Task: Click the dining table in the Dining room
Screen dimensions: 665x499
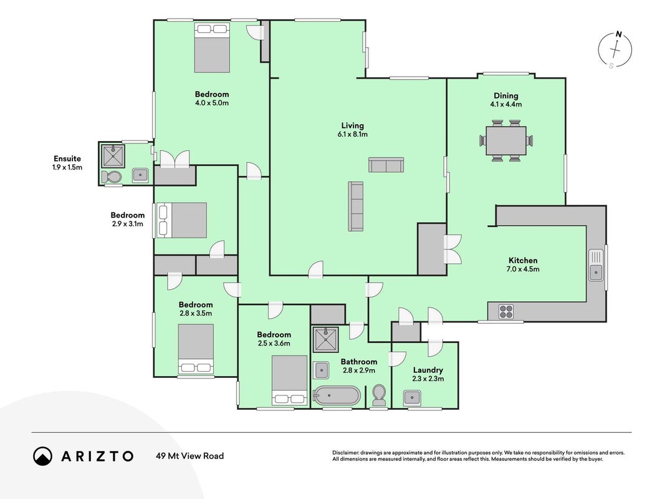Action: click(x=506, y=140)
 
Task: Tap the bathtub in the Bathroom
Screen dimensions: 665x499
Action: click(x=337, y=395)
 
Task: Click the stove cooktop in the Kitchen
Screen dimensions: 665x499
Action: click(x=506, y=311)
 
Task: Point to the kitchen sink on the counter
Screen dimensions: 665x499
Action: click(x=596, y=265)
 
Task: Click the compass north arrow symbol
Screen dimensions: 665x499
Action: click(x=615, y=50)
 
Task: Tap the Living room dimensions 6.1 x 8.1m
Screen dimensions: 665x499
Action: click(x=352, y=135)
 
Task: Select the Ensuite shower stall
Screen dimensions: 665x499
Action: click(x=113, y=156)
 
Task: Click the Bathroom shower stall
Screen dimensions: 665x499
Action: click(x=326, y=339)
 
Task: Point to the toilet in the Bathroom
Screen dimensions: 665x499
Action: click(x=378, y=395)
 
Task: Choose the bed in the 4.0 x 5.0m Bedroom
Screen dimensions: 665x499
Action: click(x=212, y=47)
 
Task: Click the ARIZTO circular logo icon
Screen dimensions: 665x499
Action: click(x=43, y=456)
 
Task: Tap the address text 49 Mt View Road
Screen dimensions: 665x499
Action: click(x=190, y=456)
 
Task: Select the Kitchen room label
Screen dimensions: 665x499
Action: click(x=523, y=261)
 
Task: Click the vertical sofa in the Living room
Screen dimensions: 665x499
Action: click(x=356, y=206)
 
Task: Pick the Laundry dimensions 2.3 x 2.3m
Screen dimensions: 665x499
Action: click(x=428, y=379)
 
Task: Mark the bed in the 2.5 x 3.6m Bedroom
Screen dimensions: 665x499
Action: click(x=290, y=380)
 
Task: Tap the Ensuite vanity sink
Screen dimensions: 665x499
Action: click(x=140, y=175)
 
